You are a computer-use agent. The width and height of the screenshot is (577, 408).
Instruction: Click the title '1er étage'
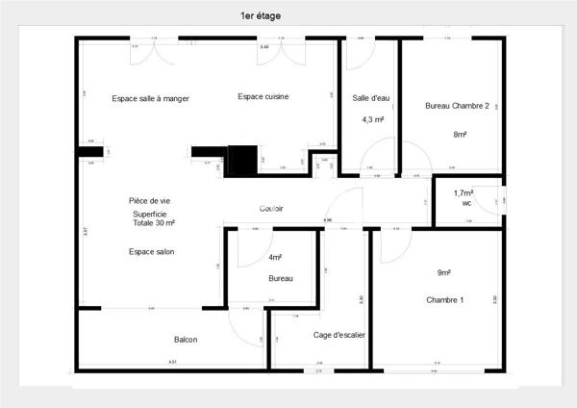point(261,16)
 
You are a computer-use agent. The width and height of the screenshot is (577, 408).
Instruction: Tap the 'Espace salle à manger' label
point(150,98)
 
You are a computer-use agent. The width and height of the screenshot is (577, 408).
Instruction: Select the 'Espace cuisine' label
point(263,97)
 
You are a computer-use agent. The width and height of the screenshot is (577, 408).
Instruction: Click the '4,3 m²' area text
point(372,119)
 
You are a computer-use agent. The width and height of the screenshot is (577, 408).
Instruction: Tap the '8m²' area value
point(460,135)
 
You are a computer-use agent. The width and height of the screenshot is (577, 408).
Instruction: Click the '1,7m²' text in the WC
point(465,193)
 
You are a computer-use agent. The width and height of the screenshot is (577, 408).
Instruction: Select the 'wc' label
point(466,203)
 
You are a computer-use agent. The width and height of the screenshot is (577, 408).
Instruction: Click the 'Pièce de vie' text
point(149,201)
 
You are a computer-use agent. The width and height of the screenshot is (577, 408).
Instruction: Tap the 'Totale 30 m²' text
point(154,223)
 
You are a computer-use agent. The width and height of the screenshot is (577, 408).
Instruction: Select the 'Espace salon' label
point(151,251)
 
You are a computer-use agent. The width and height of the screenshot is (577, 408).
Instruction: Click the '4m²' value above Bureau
point(275,257)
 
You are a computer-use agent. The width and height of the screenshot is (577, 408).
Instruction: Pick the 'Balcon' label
point(187,340)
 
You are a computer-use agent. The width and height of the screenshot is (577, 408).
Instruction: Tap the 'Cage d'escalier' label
point(339,335)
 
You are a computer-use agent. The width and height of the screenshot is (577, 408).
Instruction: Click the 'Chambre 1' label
point(445,300)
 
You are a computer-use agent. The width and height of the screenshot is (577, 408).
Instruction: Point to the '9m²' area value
point(445,272)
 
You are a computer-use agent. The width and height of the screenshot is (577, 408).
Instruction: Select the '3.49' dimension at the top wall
point(263,46)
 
